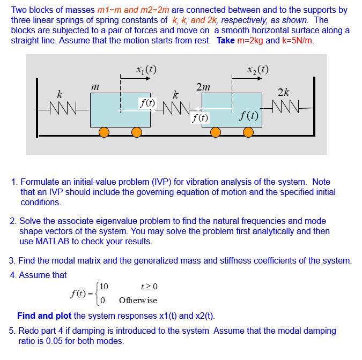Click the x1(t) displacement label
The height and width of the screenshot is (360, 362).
coord(146,69)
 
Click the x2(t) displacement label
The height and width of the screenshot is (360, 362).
coord(257,69)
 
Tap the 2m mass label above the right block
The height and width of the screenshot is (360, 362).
coord(203,87)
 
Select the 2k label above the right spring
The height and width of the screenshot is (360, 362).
coord(284,92)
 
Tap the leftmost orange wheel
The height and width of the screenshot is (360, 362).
coord(104,132)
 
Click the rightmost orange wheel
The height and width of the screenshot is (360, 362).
coord(248,132)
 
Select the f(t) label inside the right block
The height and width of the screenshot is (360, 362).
coord(249,115)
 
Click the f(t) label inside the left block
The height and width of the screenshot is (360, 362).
coord(146,102)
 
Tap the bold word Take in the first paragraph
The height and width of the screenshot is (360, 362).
coord(225,41)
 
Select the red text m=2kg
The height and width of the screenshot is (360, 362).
coord(250,41)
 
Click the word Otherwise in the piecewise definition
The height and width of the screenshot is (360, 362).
coord(138,300)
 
